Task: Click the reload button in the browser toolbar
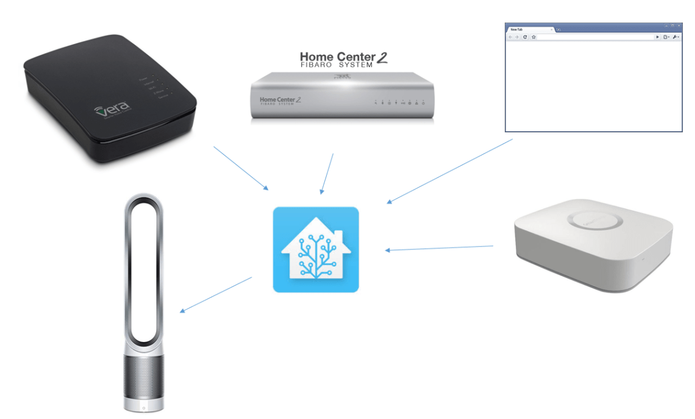point(525,37)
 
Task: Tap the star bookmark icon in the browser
point(533,37)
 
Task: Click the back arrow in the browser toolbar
point(510,37)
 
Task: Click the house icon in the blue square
point(316,249)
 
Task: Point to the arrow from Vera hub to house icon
point(241,168)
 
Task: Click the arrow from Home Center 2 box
point(327,173)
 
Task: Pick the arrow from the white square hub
point(439,248)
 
